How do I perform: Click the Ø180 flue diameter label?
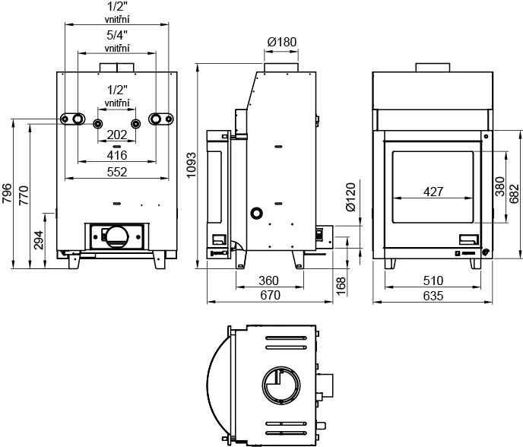281,42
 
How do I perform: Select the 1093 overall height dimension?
192,165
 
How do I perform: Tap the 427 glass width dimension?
433,192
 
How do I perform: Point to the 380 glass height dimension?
500,186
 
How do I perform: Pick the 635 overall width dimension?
433,296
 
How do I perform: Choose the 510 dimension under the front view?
433,281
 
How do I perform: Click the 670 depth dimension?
270,295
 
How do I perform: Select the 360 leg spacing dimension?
268,281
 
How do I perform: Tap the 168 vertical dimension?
341,286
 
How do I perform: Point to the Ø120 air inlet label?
350,197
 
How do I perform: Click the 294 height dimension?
39,240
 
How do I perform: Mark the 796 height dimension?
7,194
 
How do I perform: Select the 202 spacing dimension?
117,135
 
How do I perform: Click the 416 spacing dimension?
117,155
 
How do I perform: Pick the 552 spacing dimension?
117,172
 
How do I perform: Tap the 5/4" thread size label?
117,35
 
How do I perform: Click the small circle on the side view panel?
257,213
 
